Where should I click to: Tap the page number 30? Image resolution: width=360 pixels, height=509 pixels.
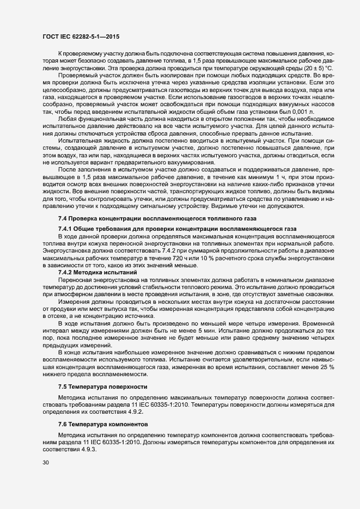tap(46, 463)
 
